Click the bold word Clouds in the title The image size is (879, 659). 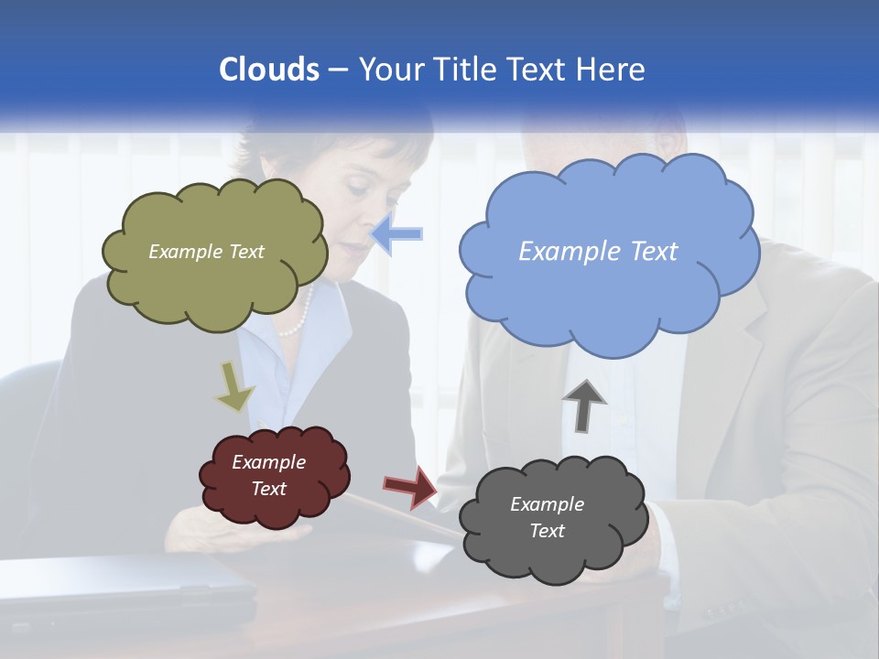point(268,70)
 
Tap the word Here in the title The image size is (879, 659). point(613,70)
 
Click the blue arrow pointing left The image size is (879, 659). point(397,234)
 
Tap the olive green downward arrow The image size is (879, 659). point(234,386)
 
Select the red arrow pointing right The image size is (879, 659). point(411,487)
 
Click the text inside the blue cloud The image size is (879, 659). point(598,252)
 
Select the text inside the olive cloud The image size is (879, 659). point(206,252)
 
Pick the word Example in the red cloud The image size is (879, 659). point(268,462)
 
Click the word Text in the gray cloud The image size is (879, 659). point(547,531)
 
